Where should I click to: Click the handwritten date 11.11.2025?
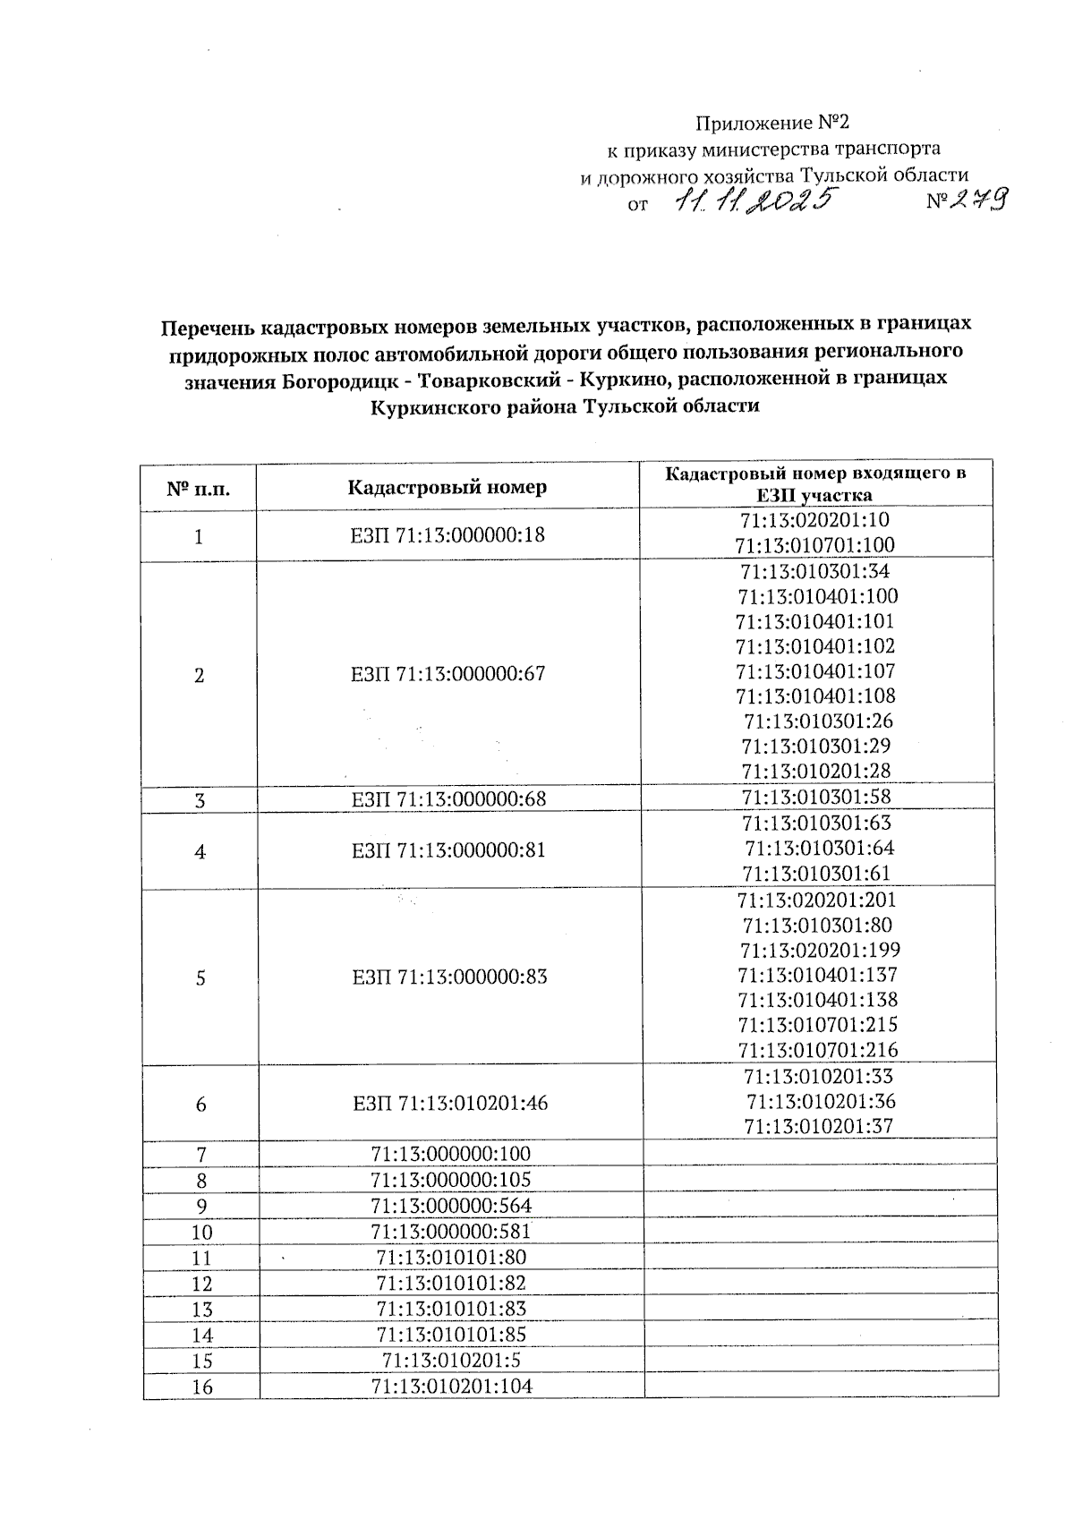pyautogui.click(x=754, y=202)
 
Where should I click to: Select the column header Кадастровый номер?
pyautogui.click(x=447, y=488)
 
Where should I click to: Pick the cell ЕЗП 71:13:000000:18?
pyautogui.click(x=447, y=535)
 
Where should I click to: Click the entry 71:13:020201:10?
pyautogui.click(x=815, y=520)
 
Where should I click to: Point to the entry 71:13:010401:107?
pyautogui.click(x=815, y=670)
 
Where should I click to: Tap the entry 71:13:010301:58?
pyautogui.click(x=815, y=797)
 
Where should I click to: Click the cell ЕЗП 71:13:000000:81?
pyautogui.click(x=447, y=849)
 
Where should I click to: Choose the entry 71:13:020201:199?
pyautogui.click(x=820, y=950)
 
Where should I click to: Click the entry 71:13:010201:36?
pyautogui.click(x=821, y=1101)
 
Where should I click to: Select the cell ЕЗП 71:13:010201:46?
pyautogui.click(x=450, y=1103)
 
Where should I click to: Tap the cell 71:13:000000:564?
pyautogui.click(x=451, y=1205)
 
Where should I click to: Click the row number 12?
pyautogui.click(x=202, y=1284)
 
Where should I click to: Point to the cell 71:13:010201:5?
pyautogui.click(x=451, y=1361)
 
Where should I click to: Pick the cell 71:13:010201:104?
pyautogui.click(x=451, y=1387)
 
